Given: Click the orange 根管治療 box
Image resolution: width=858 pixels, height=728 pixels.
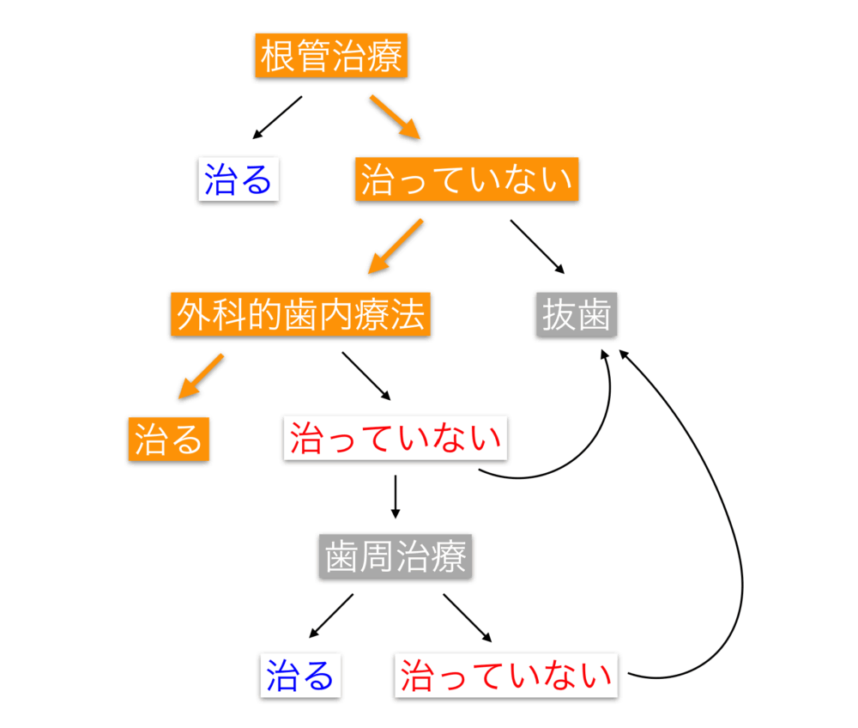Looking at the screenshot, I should (x=331, y=58).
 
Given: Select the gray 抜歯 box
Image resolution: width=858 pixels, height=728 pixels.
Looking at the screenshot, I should (x=576, y=315).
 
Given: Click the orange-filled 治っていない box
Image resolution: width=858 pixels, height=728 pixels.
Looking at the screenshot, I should (x=466, y=181).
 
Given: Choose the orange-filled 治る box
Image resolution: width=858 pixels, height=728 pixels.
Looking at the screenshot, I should (x=168, y=439).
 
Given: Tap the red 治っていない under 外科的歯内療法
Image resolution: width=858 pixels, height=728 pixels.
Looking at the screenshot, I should (x=396, y=439).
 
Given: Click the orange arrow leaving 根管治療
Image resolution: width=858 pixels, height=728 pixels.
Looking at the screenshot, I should (x=395, y=118).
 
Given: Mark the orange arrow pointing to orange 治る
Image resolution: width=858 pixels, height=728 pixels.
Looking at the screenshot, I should (x=201, y=377).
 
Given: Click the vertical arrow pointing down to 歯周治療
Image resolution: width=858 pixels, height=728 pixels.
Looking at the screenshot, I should (x=395, y=495).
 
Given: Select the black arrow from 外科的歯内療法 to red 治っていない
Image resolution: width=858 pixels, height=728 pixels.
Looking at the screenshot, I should (x=366, y=376).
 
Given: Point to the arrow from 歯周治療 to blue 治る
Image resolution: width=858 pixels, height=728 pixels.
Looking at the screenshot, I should (x=331, y=616).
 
